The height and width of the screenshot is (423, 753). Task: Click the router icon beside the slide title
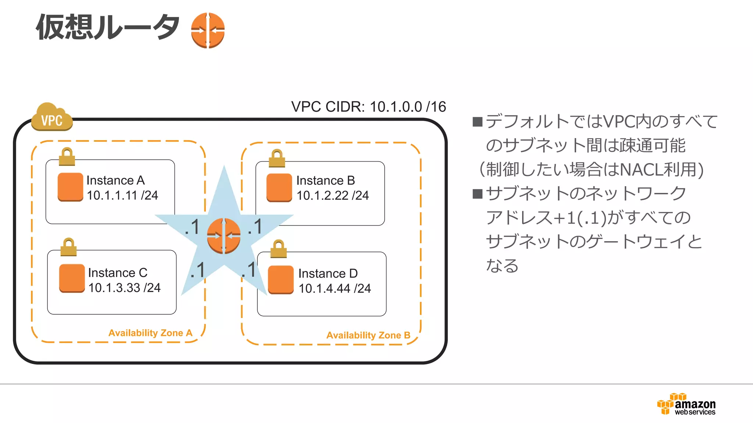click(x=208, y=30)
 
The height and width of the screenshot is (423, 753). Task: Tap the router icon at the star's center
click(x=224, y=236)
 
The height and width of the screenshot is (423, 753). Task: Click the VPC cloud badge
click(x=52, y=118)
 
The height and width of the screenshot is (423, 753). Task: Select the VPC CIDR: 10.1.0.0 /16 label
click(x=368, y=107)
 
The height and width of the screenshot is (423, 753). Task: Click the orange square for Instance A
click(x=71, y=187)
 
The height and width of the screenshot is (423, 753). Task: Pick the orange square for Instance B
click(x=279, y=188)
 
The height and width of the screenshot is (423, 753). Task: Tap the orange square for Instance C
click(x=72, y=278)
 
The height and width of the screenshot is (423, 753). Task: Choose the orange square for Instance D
click(x=281, y=280)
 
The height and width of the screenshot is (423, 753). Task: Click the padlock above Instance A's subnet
click(x=67, y=157)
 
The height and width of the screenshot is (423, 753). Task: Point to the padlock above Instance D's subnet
click(x=278, y=249)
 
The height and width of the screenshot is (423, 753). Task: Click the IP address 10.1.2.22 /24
click(x=332, y=196)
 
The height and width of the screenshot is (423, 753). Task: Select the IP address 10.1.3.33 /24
click(x=124, y=288)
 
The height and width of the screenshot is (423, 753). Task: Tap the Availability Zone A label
click(x=150, y=333)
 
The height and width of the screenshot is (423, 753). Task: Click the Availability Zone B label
click(x=368, y=335)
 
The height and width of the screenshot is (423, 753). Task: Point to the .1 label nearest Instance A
click(x=192, y=227)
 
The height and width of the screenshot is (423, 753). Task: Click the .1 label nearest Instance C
click(x=198, y=271)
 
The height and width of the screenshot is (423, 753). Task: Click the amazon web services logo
click(x=686, y=405)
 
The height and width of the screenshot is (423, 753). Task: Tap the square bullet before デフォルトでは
click(x=477, y=122)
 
